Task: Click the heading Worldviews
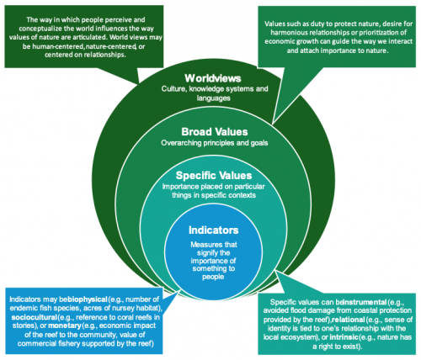[x=213, y=78]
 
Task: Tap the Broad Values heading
[x=215, y=132]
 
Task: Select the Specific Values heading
[x=214, y=176]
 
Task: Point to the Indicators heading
[x=213, y=230]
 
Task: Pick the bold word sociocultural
[x=35, y=317]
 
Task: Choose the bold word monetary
[x=65, y=326]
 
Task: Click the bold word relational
[x=348, y=320]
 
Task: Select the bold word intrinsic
[x=344, y=336]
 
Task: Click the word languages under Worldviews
[x=214, y=98]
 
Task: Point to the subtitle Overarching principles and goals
[x=215, y=143]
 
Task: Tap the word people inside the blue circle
[x=213, y=277]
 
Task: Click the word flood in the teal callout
[x=298, y=310]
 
